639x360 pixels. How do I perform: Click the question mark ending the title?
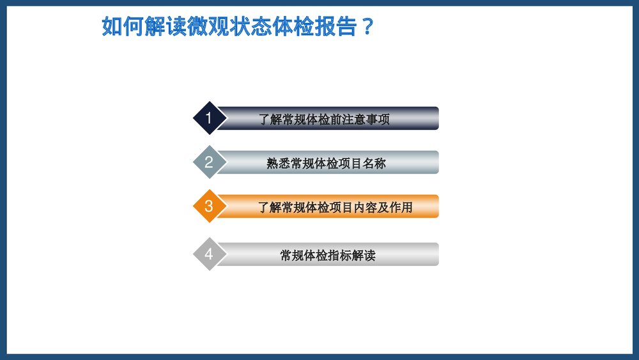(366, 27)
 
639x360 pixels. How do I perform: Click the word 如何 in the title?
(123, 27)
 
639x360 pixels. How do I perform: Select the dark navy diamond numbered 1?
(208, 118)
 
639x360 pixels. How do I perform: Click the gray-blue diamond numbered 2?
(208, 162)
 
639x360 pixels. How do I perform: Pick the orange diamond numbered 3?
(208, 207)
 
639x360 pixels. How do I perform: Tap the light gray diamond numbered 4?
(208, 254)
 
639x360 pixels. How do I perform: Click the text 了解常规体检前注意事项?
(324, 119)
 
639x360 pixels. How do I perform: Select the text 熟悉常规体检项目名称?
(326, 163)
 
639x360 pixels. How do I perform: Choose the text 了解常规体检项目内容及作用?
(335, 207)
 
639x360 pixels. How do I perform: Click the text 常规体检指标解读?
(327, 255)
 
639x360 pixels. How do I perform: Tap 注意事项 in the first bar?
(366, 119)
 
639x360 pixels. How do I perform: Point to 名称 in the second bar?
(374, 163)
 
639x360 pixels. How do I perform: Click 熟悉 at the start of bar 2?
(278, 163)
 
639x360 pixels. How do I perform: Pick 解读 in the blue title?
(165, 27)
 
